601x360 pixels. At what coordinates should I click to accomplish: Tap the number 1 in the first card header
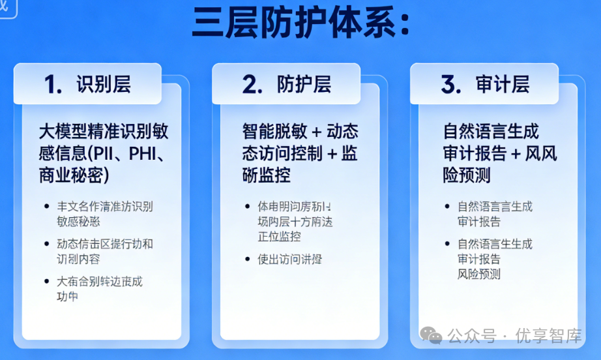coord(53,84)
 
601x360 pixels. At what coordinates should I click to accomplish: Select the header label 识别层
coord(103,84)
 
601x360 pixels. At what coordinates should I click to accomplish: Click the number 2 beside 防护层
coord(252,84)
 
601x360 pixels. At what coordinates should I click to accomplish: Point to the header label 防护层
coord(304,84)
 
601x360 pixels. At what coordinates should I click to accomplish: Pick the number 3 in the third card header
coord(450,84)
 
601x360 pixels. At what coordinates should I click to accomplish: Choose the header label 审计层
coord(502,84)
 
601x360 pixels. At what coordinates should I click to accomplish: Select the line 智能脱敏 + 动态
coord(300,132)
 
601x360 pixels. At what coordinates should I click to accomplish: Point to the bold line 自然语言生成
coord(491,132)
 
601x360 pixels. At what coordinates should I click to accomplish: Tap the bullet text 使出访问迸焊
coord(289,259)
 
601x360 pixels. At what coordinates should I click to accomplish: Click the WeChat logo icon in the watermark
coord(430,336)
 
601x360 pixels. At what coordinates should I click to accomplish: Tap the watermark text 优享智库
coord(548,336)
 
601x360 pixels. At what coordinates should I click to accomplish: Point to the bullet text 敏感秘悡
coord(78,221)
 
